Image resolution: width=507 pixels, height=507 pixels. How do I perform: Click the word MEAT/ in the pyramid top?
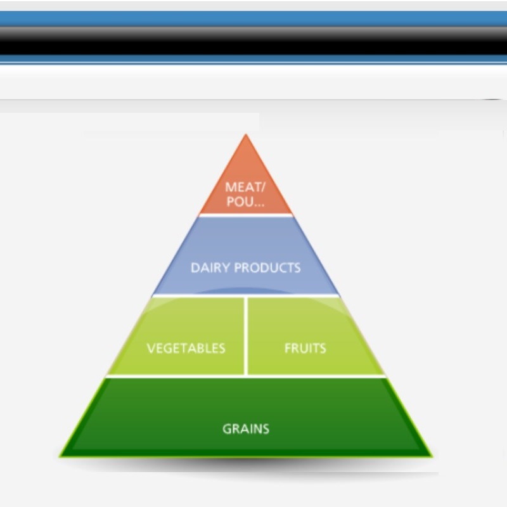click(245, 187)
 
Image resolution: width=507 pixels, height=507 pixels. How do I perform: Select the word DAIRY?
click(210, 267)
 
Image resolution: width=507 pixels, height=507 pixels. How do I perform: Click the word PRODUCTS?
click(267, 267)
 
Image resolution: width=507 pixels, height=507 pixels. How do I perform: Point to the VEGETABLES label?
click(186, 348)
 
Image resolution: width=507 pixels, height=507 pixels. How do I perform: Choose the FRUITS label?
click(305, 348)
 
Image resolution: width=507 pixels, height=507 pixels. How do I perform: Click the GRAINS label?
click(246, 429)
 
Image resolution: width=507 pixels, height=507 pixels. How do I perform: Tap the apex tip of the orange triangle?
click(246, 134)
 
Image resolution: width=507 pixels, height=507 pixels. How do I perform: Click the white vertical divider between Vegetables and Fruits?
click(246, 336)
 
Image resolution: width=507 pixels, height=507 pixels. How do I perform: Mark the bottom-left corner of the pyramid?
click(60, 456)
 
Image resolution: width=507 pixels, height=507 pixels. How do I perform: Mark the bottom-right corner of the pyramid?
click(432, 456)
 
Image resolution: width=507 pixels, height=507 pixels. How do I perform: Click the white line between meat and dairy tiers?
click(246, 215)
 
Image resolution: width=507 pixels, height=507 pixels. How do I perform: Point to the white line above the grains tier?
click(246, 376)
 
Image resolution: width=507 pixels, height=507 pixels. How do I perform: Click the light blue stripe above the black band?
click(253, 19)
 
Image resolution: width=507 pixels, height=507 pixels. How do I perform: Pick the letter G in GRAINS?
click(227, 429)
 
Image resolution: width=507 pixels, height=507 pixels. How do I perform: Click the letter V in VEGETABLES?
click(151, 348)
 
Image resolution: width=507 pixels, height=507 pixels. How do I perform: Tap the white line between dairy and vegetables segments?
click(246, 295)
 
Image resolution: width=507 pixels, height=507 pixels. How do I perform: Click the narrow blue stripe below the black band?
click(253, 58)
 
